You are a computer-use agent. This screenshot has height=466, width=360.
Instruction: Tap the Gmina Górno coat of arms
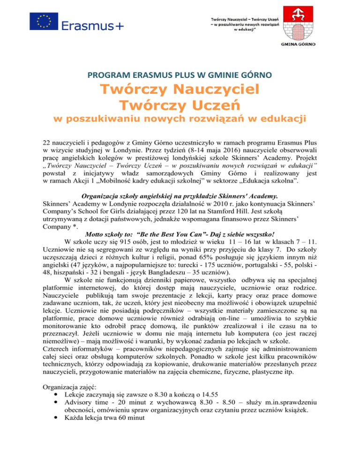tap(298, 22)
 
